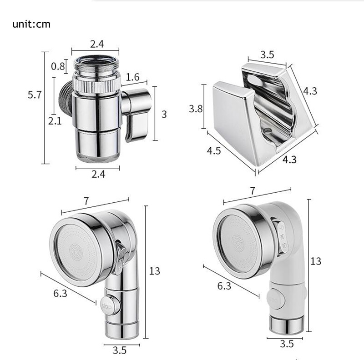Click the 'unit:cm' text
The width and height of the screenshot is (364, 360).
pos(31,24)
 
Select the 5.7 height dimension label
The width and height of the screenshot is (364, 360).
pos(35,95)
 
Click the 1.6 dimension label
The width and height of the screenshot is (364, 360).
pos(132,77)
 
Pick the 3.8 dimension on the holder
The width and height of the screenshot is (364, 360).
pos(196,109)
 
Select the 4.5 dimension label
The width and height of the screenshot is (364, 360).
pos(213,150)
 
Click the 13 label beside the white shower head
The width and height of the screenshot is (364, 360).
pos(316,261)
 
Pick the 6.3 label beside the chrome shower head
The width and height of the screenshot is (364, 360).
pos(60,293)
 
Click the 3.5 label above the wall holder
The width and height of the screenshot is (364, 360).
pos(267,55)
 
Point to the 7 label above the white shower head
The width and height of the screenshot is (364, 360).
pos(253,191)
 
